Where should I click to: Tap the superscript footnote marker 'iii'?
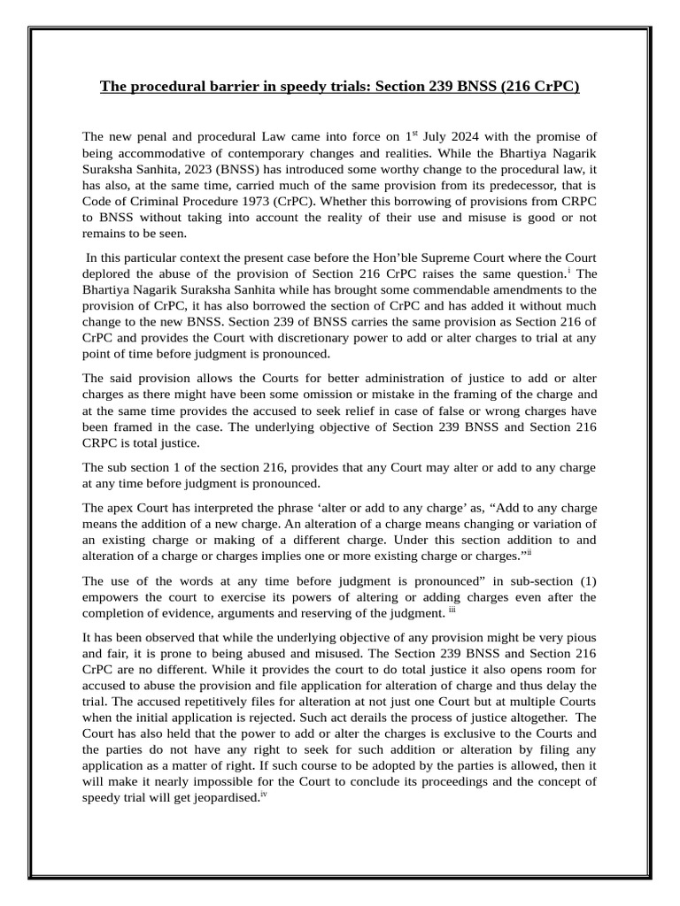pos(452,609)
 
